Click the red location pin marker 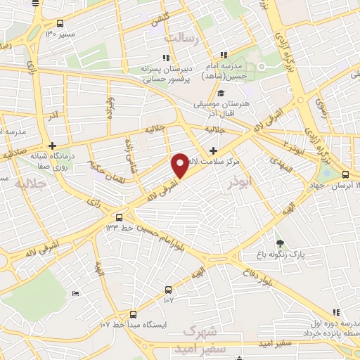(180, 165)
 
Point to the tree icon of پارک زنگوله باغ (281, 243)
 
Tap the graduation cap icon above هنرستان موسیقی (221, 93)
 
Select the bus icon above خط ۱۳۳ (119, 217)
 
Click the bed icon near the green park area (75, 292)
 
